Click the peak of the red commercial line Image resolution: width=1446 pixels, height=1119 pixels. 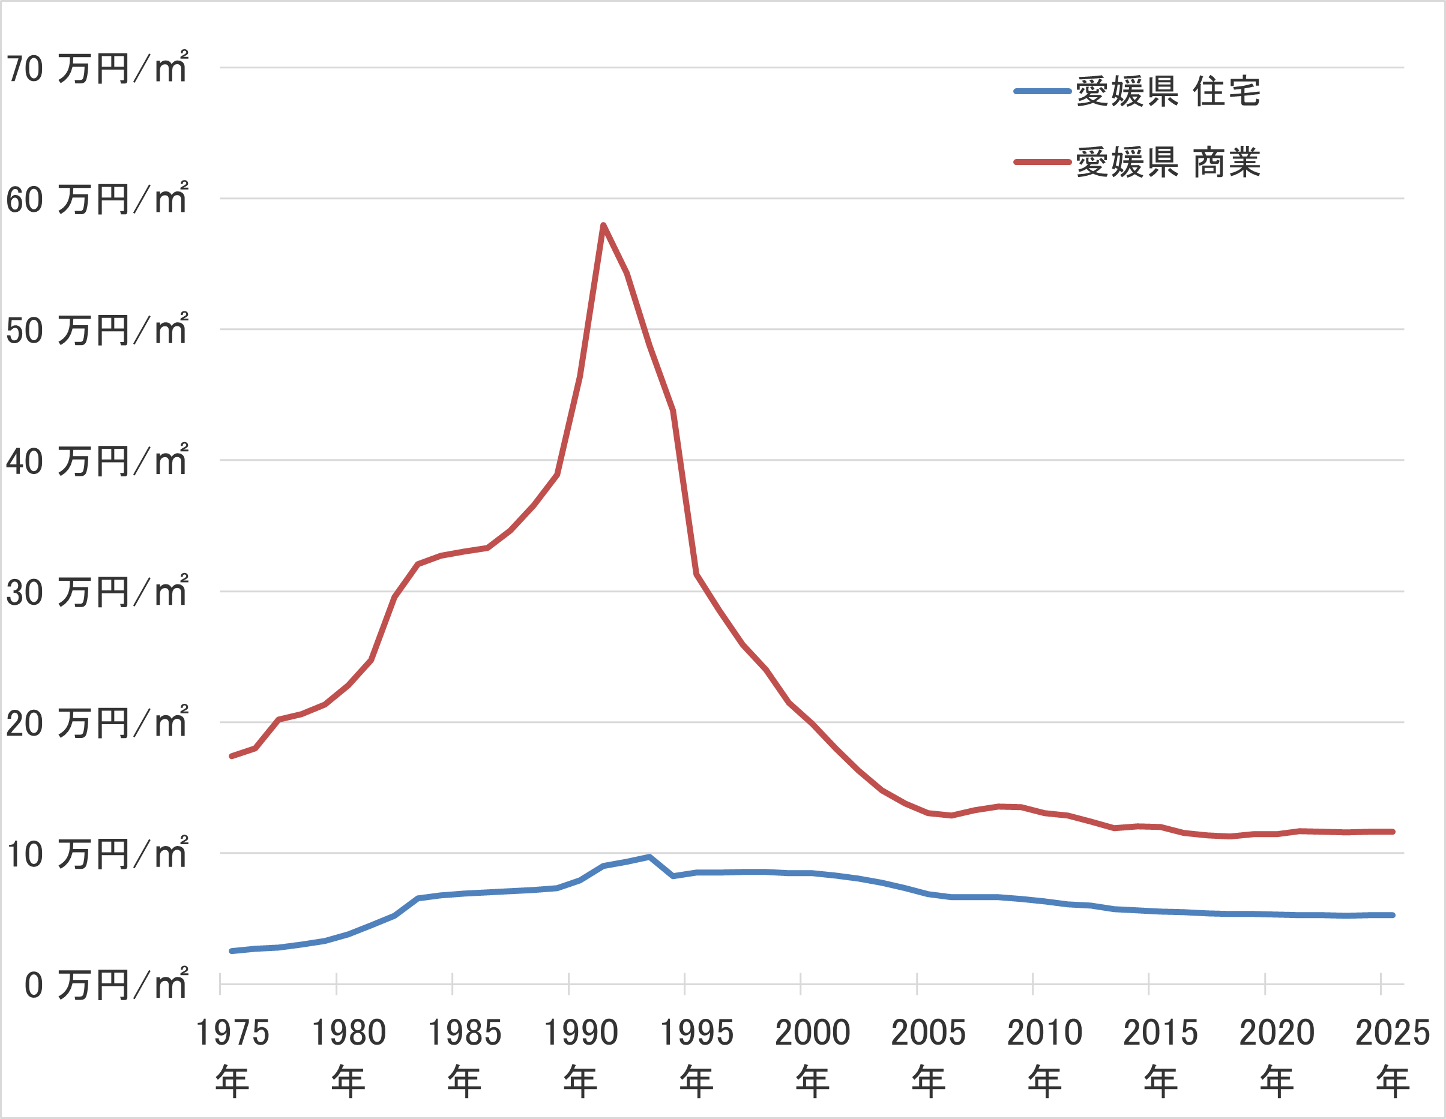coord(603,226)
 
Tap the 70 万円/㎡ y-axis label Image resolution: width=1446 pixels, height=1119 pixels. coord(97,68)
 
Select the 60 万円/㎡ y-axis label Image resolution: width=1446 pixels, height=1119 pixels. coord(97,199)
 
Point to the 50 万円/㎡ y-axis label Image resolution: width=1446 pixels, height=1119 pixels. coord(97,330)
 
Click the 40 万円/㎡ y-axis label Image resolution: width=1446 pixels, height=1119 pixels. coord(97,461)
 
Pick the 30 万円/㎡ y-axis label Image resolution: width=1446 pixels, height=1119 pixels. coord(97,592)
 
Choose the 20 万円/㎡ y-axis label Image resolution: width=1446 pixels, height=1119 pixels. coord(97,723)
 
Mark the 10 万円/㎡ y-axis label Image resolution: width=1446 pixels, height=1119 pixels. coord(97,854)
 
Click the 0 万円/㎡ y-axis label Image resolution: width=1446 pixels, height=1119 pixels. coord(106,985)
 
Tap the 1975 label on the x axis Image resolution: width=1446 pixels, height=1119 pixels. coord(232,1033)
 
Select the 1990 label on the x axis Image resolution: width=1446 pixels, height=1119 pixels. coord(580,1033)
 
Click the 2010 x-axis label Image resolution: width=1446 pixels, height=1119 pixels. coord(1045,1033)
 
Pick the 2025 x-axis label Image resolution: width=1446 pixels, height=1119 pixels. coord(1393,1033)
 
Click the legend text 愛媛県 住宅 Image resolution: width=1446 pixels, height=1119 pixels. coord(1168,91)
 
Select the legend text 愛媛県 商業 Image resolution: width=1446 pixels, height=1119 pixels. coord(1168,162)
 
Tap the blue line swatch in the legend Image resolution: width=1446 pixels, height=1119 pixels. coord(1042,91)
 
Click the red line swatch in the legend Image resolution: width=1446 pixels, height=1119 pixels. coord(1042,162)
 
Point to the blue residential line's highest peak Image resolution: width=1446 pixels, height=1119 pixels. coord(649,857)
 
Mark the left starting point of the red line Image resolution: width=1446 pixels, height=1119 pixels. coord(231,756)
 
